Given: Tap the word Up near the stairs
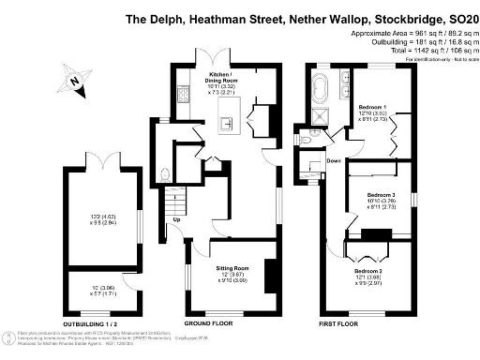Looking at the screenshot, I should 176,220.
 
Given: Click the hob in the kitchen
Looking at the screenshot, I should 181,94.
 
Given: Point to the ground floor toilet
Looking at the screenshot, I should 165,172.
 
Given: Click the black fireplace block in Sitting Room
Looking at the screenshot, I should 269,275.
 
